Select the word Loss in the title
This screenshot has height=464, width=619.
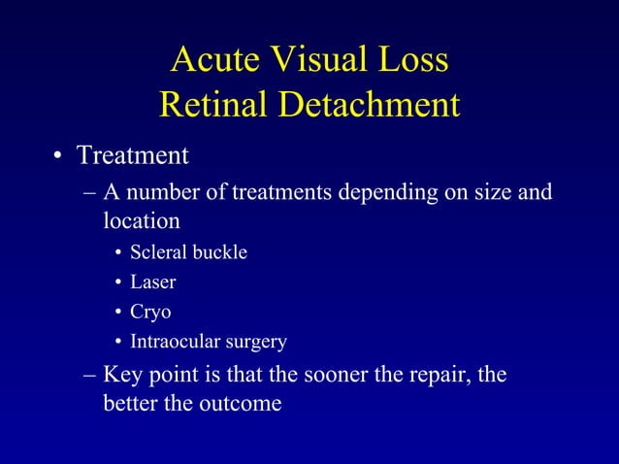coord(410,60)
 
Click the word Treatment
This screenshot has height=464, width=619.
coord(133,155)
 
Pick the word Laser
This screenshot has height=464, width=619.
coord(153,282)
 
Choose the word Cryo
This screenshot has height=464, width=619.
coord(151,313)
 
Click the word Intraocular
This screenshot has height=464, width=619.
coord(176,342)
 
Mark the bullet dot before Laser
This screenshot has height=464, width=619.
coord(117,283)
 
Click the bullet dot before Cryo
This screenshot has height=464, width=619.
coord(117,314)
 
